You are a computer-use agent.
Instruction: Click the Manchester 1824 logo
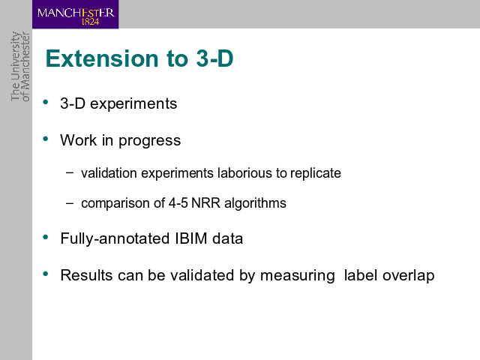(75, 14)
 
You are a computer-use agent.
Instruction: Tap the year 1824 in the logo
(90, 22)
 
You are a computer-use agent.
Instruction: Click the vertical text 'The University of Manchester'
(20, 67)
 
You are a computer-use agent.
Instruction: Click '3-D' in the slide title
(214, 58)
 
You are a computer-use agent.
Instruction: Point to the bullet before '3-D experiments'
(46, 102)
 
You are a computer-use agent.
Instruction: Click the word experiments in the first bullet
(133, 104)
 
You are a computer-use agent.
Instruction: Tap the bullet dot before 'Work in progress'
(46, 139)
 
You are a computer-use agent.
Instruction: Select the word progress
(150, 141)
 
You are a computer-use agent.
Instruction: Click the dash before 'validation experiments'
(70, 172)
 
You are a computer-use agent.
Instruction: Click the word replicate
(315, 174)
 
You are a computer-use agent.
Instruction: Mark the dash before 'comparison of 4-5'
(70, 202)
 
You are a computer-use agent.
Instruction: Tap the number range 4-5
(178, 203)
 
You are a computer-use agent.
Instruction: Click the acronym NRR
(205, 203)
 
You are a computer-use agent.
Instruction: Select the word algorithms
(255, 204)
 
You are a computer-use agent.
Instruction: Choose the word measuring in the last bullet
(297, 276)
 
